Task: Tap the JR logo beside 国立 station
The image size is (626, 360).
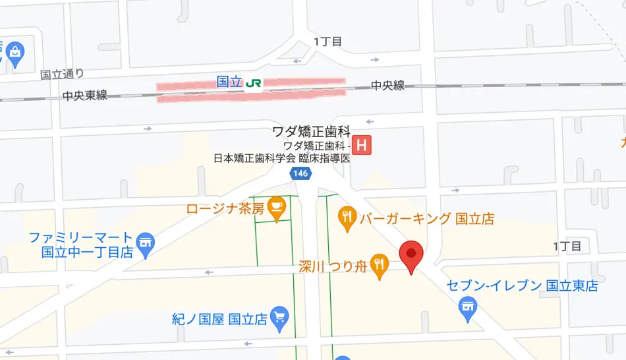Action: point(254,84)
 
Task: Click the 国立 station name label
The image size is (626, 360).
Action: point(229,83)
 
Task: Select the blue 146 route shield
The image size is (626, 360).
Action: point(299,173)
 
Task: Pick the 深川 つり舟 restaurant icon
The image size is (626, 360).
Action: point(378,266)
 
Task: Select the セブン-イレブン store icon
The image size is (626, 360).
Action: point(468,305)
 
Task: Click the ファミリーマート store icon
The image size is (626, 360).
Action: point(146,241)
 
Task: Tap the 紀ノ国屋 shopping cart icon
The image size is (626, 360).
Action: point(279,317)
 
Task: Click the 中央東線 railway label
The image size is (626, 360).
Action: point(85,96)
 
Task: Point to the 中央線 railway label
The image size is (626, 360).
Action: point(387,86)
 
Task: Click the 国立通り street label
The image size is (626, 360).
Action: point(62,75)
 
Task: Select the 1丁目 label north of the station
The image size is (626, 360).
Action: point(327,42)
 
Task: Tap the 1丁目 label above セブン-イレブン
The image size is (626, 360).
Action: point(567,247)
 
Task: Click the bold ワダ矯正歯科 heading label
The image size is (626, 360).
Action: point(311,131)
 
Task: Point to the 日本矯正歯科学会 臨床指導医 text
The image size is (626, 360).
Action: point(281,158)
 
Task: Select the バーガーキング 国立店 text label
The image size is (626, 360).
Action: point(426,219)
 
